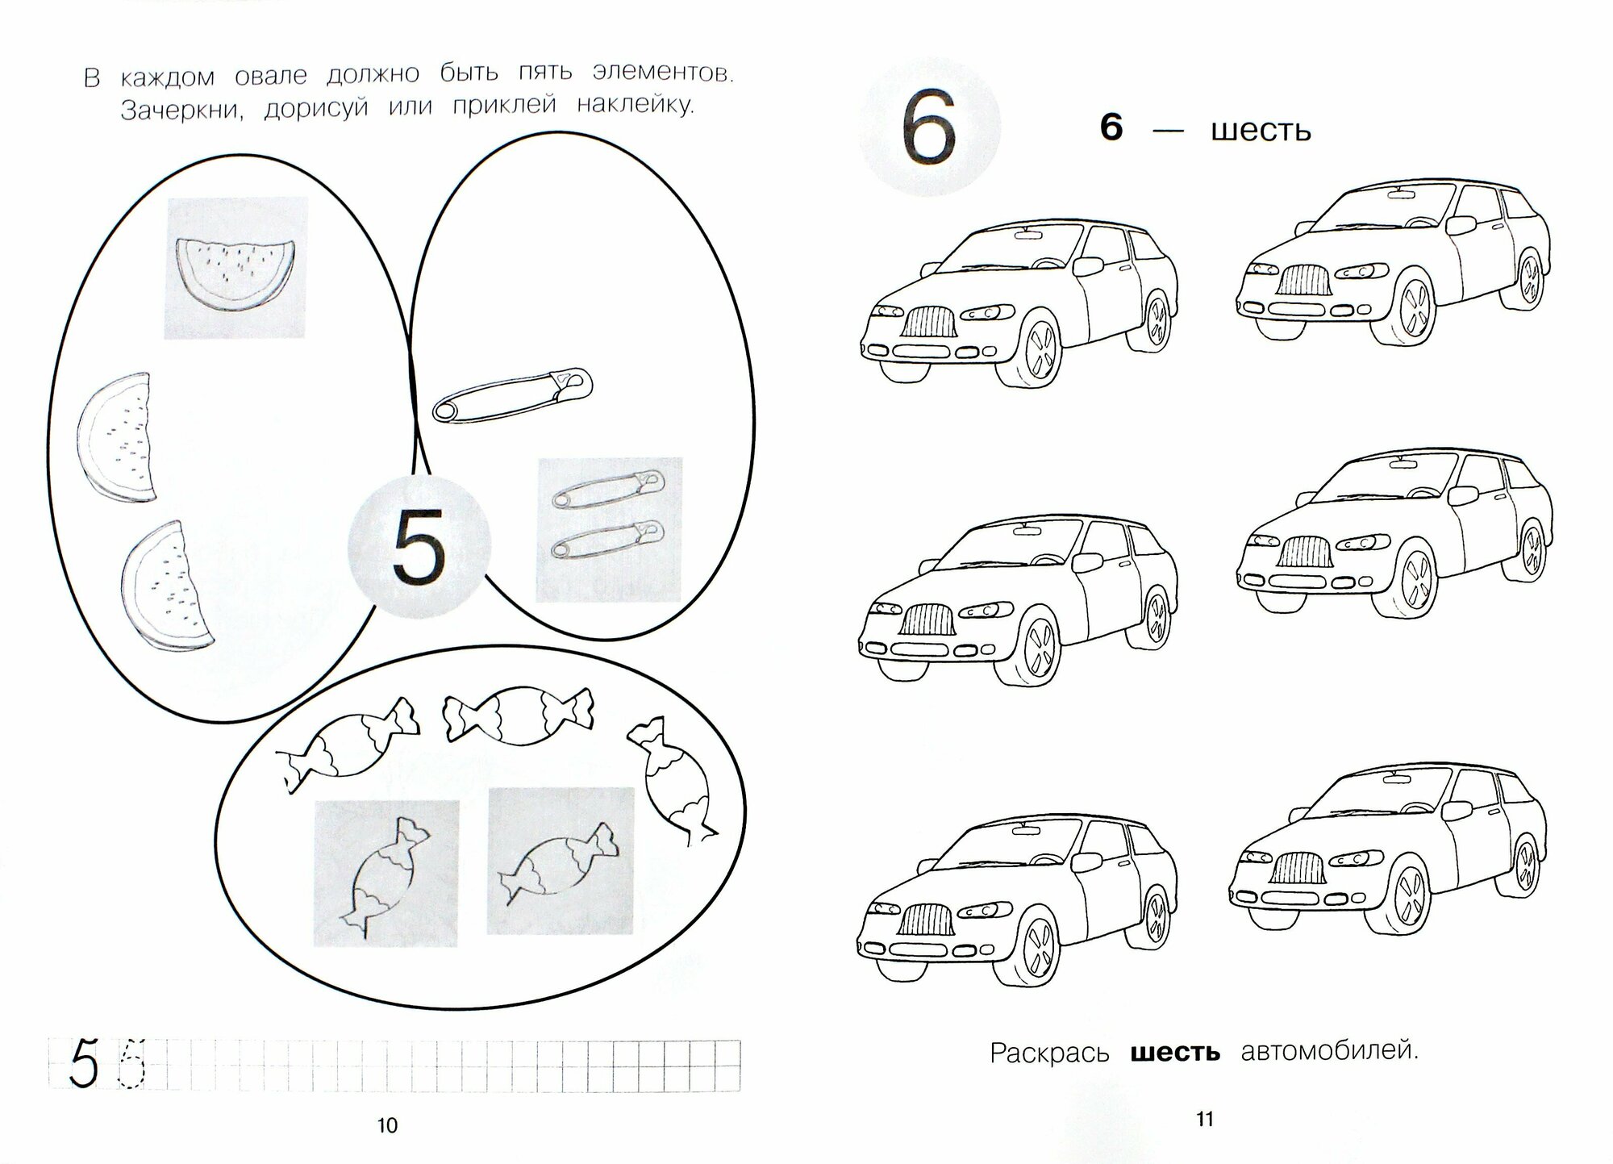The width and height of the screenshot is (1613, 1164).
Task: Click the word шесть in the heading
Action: [1261, 131]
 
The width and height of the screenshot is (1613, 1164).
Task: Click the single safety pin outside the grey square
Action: [512, 394]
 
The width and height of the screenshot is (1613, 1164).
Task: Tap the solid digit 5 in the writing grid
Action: [84, 1065]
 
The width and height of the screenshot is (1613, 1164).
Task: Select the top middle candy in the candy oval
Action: [517, 714]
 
